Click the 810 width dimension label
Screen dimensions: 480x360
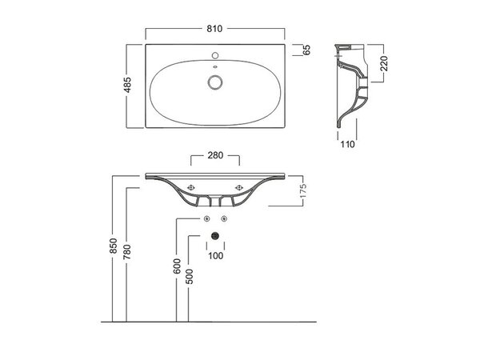(x=214, y=29)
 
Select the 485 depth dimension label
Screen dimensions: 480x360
(x=127, y=85)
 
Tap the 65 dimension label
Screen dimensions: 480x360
(x=306, y=50)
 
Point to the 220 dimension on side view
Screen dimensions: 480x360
(x=384, y=63)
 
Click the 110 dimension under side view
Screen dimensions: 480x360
(x=347, y=144)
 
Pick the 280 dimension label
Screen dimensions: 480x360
(x=215, y=155)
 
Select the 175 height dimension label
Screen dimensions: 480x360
(x=302, y=191)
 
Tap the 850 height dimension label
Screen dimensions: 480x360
(x=114, y=246)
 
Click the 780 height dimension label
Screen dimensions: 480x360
(x=127, y=252)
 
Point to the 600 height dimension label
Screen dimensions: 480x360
(x=177, y=266)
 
